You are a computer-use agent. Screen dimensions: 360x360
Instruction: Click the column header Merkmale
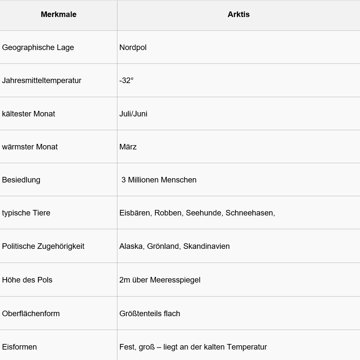pos(59,14)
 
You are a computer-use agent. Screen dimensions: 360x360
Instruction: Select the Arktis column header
pos(238,14)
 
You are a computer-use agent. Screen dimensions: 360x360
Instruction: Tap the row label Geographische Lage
pos(38,47)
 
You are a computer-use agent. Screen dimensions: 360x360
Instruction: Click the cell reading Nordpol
pos(133,47)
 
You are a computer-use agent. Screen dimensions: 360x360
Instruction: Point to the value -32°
pos(127,80)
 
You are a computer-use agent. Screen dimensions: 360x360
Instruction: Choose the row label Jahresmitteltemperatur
pos(42,80)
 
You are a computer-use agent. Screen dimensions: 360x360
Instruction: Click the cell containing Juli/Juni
pos(133,114)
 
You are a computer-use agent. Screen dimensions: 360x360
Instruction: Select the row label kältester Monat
pos(28,114)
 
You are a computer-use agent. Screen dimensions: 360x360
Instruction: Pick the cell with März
pos(128,147)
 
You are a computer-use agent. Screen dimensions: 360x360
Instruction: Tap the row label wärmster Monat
pos(30,147)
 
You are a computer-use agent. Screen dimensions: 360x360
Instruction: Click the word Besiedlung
pos(21,180)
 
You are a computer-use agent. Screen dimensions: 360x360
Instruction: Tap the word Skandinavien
pos(206,246)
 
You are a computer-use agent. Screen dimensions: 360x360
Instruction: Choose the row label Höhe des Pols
pos(27,280)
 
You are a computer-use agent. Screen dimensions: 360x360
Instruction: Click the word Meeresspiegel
pos(175,280)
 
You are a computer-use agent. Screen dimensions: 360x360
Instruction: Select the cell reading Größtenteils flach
pos(150,314)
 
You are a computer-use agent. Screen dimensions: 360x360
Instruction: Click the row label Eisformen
pos(19,347)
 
